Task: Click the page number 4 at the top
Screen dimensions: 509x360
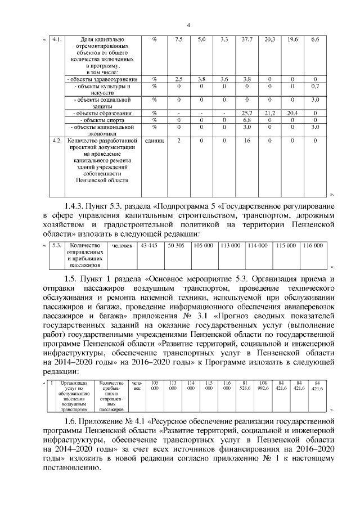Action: pos(188,25)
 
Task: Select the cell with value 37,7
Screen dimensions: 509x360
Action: pos(246,39)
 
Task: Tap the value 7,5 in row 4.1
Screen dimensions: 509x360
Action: pos(179,39)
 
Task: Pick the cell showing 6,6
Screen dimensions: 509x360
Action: pos(315,39)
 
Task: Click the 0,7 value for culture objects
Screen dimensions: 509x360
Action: pos(315,87)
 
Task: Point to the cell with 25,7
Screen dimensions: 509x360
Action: pos(246,113)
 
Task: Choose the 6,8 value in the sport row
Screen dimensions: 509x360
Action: pos(246,120)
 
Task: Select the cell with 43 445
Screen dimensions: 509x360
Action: pos(149,246)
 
